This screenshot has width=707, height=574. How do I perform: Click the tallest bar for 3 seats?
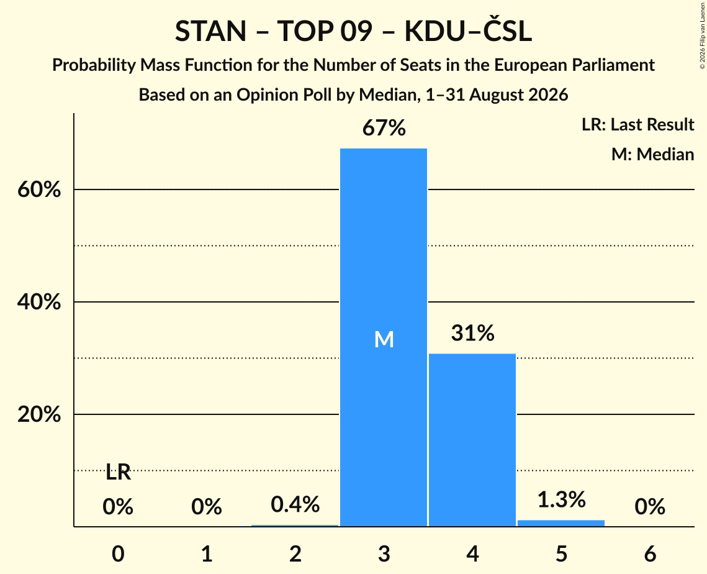383,337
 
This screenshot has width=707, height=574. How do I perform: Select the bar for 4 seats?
472,440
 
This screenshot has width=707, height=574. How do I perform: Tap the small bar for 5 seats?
561,523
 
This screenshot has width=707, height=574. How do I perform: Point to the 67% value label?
384,128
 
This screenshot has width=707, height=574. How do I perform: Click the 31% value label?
472,333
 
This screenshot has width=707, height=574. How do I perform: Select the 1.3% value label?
561,499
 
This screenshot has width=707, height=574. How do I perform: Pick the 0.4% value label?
295,504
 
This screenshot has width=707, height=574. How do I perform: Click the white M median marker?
384,339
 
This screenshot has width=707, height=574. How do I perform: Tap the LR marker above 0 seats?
118,473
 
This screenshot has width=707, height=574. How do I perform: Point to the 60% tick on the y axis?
39,189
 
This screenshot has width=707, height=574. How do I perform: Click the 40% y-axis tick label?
39,302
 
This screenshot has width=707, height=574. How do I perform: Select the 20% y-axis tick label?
39,414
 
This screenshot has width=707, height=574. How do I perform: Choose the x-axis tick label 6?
650,554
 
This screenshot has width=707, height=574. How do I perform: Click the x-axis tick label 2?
295,554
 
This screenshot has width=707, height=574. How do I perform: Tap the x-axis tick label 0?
118,554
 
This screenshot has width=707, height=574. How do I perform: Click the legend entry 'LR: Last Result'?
637,124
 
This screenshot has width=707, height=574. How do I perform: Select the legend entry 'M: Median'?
652,154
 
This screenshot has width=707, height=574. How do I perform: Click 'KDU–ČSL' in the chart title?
468,30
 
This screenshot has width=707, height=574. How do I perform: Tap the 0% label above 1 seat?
207,507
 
